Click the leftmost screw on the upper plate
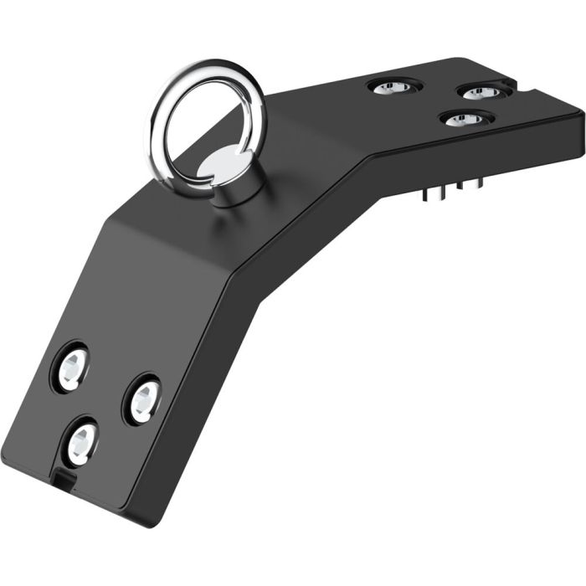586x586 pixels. coord(390,86)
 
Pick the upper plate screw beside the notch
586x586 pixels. coord(480,91)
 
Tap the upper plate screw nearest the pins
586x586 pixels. coord(465,120)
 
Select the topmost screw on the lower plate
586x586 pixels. coord(71,365)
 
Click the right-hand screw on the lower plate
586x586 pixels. coord(143,398)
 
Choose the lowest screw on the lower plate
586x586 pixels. coord(82,441)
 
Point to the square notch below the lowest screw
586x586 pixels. coord(64,480)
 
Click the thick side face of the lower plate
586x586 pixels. coord(201,393)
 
